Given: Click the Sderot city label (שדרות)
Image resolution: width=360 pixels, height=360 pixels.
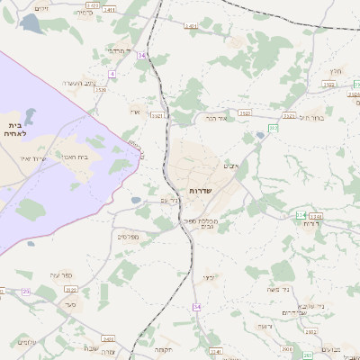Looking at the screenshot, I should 200,191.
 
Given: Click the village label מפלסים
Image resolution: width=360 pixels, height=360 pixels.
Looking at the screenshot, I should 127,236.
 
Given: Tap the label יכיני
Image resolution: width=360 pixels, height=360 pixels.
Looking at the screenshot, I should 209,277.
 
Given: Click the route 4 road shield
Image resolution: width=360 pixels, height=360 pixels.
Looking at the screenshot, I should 112,73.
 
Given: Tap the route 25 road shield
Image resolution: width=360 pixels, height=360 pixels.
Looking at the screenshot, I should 26,292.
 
